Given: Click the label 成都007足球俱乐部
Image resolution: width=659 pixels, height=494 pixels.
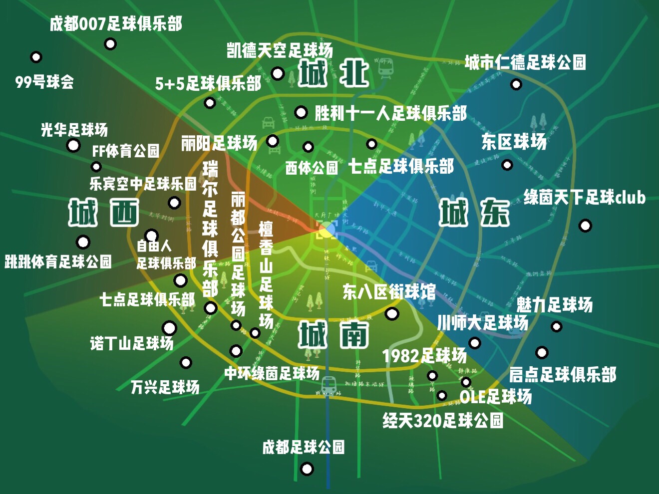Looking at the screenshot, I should click(x=116, y=23).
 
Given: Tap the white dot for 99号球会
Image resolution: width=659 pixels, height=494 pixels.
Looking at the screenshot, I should click(x=36, y=57).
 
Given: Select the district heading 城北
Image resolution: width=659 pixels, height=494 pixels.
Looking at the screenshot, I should click(x=333, y=73).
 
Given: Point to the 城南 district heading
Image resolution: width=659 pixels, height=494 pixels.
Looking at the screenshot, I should click(x=333, y=334).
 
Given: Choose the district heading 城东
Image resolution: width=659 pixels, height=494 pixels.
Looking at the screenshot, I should click(x=474, y=213).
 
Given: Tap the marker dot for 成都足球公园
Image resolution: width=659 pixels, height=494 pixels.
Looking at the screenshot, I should click(x=307, y=469).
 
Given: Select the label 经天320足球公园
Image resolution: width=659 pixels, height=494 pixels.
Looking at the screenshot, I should click(x=443, y=421).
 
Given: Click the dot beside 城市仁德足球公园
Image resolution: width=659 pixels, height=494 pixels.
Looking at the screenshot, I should click(x=516, y=84).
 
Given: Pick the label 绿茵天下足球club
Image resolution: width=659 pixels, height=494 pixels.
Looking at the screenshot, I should click(x=584, y=198).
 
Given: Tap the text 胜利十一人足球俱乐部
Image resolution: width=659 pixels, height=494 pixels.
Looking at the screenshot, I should click(x=390, y=113).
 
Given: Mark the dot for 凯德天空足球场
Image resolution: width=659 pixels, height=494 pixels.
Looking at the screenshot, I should click(x=278, y=74).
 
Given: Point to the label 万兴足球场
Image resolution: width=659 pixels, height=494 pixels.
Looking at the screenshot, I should click(x=165, y=387).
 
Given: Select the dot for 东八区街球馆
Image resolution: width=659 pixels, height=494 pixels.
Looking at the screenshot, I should click(x=392, y=314).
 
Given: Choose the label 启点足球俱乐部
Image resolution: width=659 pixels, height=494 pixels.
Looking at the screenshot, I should click(x=563, y=374).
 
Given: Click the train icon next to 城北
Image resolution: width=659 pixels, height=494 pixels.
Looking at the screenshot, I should click(x=385, y=67).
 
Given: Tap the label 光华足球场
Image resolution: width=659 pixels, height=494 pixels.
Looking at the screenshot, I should click(x=74, y=130).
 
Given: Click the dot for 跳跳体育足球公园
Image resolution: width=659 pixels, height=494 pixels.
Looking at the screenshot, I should click(x=83, y=243).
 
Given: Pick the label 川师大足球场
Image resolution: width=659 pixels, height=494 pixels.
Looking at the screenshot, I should click(x=482, y=323).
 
